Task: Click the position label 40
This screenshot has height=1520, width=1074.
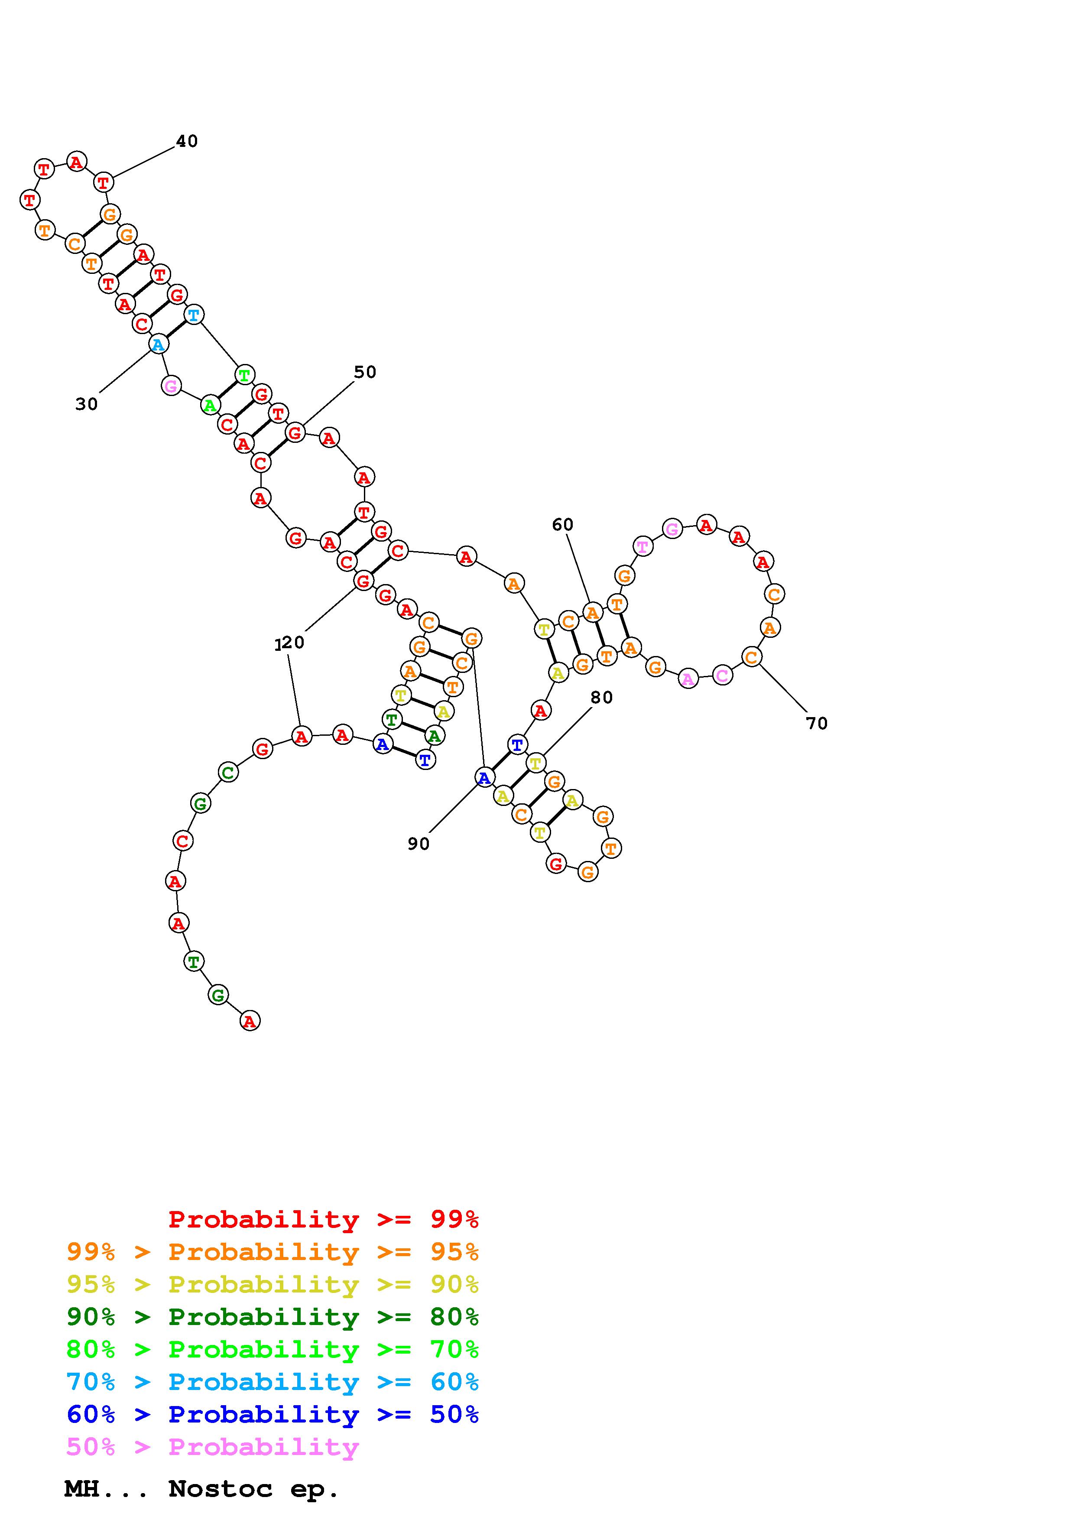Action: point(187,141)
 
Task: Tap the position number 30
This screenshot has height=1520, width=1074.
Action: point(87,404)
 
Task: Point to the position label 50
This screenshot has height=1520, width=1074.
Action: point(365,372)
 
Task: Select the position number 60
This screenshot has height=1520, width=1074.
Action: point(562,524)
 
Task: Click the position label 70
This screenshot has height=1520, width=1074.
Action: point(817,724)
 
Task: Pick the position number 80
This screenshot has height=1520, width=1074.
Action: point(601,697)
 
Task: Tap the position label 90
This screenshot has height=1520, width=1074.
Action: point(418,844)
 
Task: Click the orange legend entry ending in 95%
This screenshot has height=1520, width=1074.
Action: point(273,1252)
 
